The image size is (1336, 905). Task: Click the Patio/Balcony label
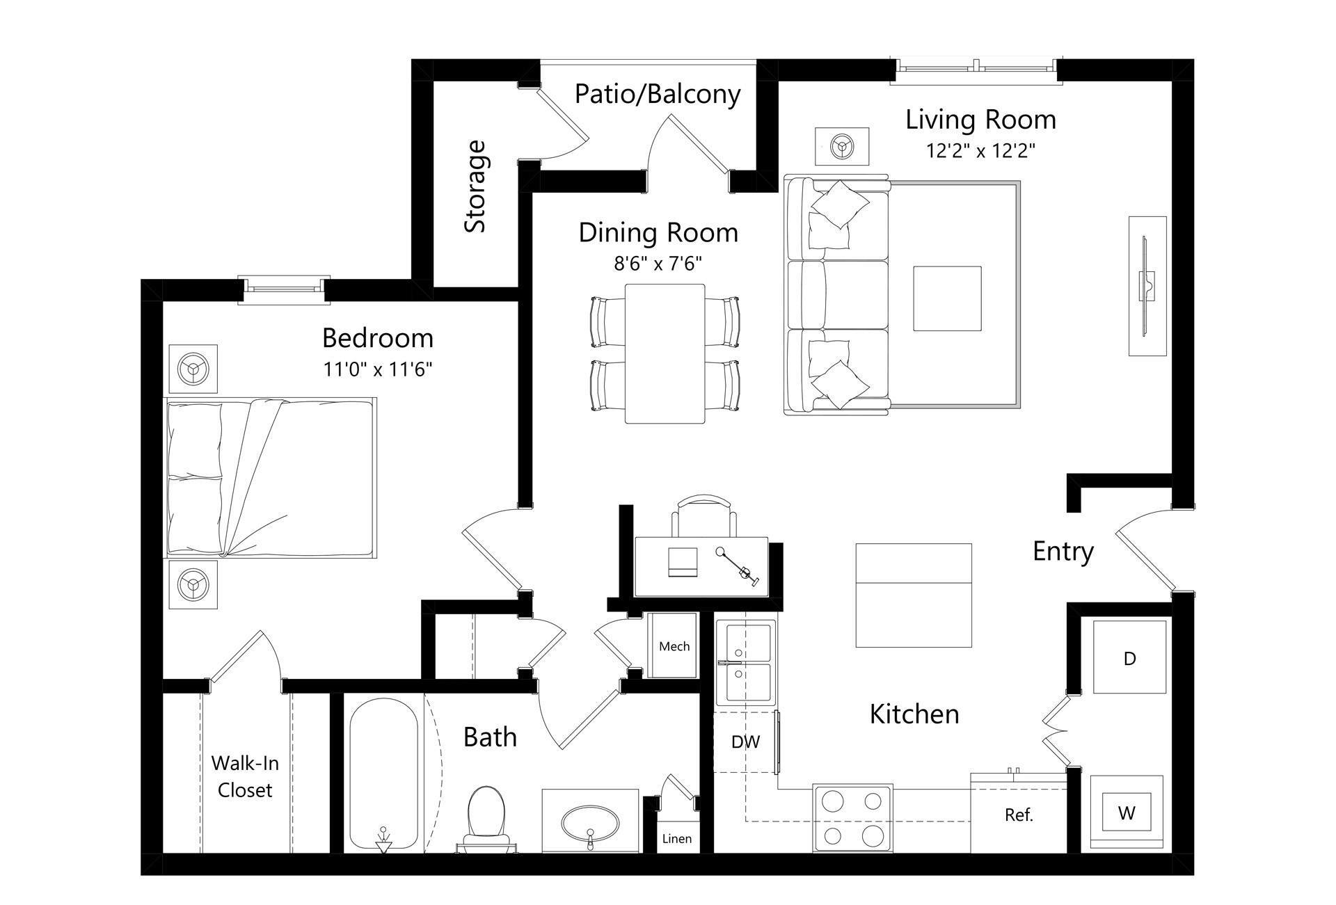(658, 94)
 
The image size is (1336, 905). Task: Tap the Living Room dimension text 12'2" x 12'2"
(980, 151)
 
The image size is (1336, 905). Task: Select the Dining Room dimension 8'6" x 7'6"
(658, 264)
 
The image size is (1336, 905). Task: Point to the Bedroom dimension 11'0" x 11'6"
(378, 369)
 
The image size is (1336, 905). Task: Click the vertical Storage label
(475, 186)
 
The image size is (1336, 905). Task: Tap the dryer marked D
(1129, 657)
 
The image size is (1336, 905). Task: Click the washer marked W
(1127, 812)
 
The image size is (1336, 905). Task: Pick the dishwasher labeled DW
(745, 742)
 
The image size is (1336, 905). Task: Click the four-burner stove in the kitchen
(852, 818)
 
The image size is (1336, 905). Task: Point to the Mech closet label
(674, 646)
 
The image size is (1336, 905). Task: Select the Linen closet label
(676, 839)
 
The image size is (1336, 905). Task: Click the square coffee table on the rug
(947, 298)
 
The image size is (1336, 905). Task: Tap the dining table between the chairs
(665, 353)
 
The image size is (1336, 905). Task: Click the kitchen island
(913, 595)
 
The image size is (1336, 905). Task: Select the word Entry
(1063, 552)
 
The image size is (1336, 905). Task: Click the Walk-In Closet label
(245, 776)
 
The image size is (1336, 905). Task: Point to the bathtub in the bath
(383, 772)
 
